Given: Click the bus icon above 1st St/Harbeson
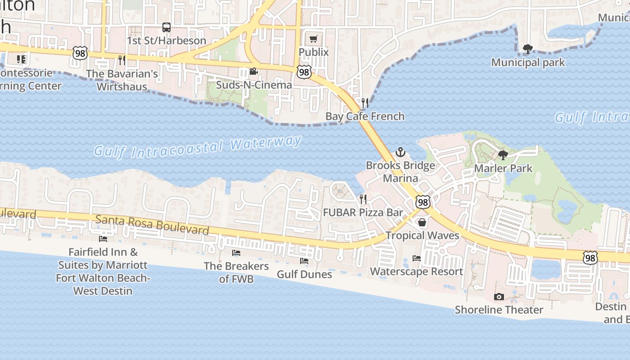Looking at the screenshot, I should point(166,27).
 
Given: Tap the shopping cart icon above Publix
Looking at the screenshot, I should point(314,39).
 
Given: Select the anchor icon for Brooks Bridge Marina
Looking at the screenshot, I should point(400,152).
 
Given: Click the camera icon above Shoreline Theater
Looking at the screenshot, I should point(499,297).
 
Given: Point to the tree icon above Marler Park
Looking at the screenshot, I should point(503,155).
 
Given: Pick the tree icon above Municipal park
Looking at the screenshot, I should point(527,49).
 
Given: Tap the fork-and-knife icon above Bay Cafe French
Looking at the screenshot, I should point(365,103).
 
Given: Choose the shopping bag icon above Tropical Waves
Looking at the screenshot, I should point(422,222).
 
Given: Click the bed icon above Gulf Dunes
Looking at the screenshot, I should point(304,261).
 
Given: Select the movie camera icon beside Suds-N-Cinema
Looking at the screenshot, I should point(254,72).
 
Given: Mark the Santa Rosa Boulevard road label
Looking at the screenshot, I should point(153,224).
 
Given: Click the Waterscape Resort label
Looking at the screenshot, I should point(416,271).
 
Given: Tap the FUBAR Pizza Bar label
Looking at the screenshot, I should point(363,212).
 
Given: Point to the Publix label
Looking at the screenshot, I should point(314,52).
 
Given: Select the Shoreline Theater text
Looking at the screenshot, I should point(499,310).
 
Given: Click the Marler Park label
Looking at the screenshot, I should point(503,168).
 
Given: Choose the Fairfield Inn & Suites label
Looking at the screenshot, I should point(103,271).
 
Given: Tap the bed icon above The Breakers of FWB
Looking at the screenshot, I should point(236,253).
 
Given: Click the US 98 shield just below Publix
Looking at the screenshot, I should point(304,71).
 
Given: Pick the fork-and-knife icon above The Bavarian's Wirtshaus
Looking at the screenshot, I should point(121,60).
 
